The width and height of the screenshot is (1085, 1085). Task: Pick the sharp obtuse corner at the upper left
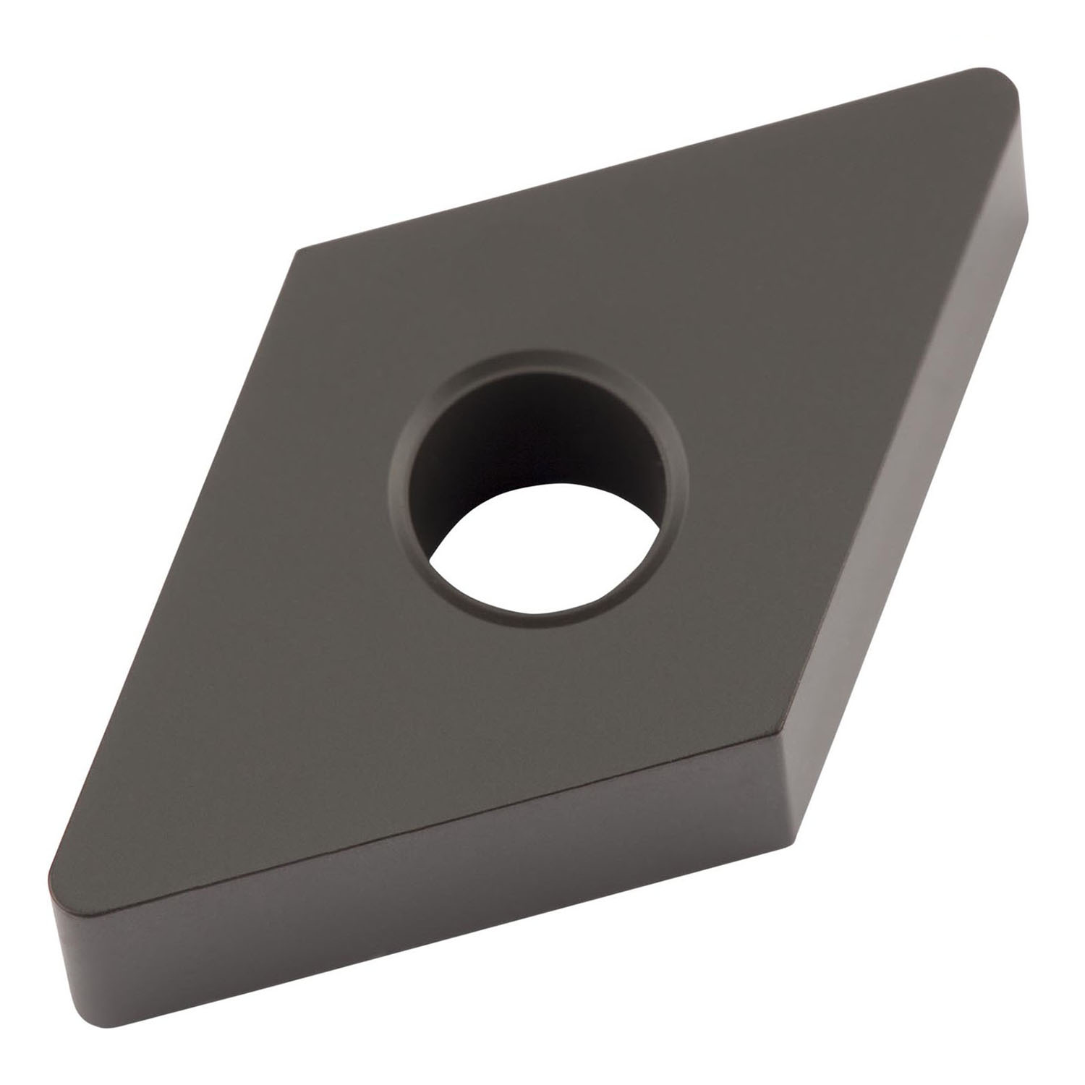298,253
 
